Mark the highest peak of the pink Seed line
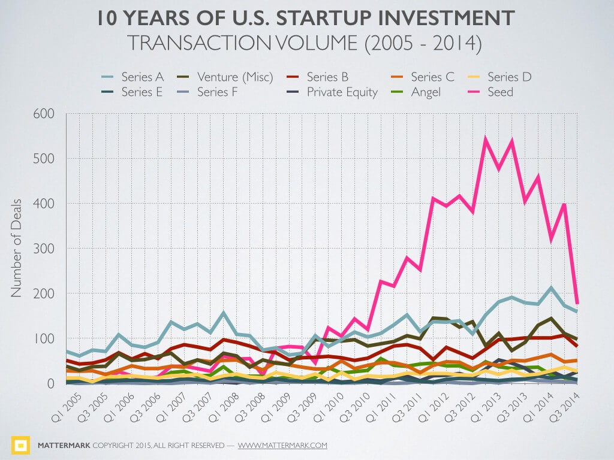(485, 139)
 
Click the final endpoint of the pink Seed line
(577, 304)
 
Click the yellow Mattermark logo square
(21, 445)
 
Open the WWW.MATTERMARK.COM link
(282, 446)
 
